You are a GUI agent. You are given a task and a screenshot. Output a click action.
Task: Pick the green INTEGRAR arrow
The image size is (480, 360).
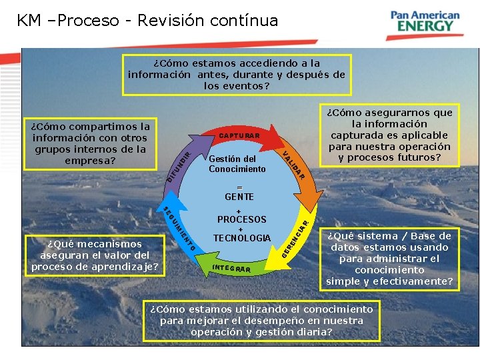tap(233, 267)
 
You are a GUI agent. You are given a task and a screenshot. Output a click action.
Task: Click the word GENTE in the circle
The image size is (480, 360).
tap(239, 197)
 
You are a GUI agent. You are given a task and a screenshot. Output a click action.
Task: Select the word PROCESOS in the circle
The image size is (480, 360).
tap(241, 219)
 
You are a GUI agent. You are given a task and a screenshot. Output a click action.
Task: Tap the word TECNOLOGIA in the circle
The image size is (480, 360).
tap(242, 238)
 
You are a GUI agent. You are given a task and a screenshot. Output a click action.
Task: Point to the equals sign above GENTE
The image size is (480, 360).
tap(239, 187)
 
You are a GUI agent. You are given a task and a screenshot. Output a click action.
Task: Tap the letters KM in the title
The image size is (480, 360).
tap(29, 21)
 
